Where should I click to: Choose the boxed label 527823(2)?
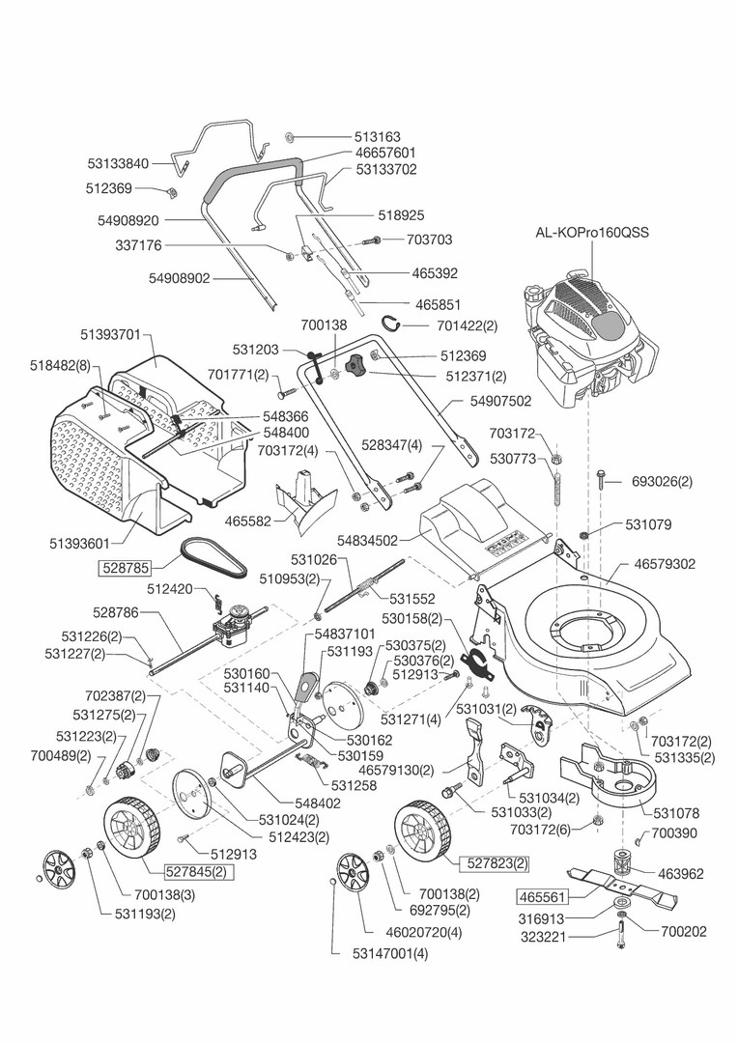coord(495,862)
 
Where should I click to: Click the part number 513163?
coord(350,137)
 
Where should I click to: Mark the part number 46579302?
coord(667,563)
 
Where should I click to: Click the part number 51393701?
coord(110,335)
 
